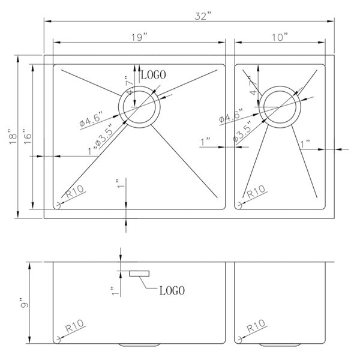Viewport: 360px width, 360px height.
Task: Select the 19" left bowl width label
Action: tap(140, 37)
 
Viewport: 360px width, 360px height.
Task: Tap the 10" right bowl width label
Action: tap(280, 37)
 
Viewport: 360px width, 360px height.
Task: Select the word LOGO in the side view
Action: tap(172, 291)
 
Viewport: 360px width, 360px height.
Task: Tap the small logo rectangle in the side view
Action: tap(139, 273)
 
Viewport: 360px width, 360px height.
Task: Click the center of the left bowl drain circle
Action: tap(139, 107)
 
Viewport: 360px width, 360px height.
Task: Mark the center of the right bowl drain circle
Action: tap(278, 107)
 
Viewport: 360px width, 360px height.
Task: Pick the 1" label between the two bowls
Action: tap(205, 142)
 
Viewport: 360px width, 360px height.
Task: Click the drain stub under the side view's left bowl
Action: tap(139, 344)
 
